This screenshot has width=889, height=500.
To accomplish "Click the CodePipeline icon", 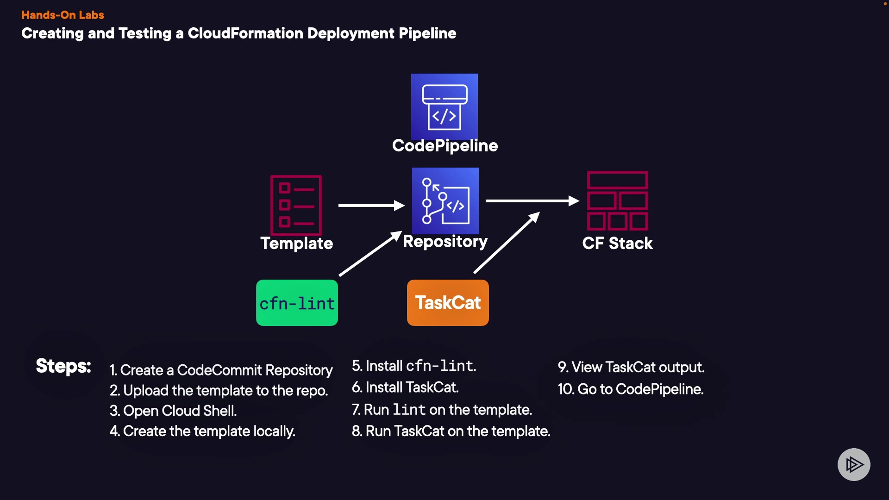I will tap(444, 106).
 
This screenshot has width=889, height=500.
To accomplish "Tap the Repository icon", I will tap(445, 201).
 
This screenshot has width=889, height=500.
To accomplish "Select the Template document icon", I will tap(296, 205).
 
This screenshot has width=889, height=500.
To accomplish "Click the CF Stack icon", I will tap(617, 200).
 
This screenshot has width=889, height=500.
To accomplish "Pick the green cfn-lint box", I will tap(297, 303).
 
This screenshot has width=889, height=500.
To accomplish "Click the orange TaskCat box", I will tap(448, 303).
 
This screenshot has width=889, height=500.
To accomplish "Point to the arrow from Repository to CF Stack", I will tap(532, 201).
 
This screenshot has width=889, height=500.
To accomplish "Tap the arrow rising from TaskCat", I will tap(507, 243).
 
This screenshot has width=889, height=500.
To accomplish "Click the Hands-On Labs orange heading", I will tap(63, 15).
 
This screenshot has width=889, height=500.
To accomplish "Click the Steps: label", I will tap(63, 366).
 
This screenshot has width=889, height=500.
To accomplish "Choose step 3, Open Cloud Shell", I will tap(173, 411).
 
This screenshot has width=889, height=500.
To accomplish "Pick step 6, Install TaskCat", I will tap(405, 387).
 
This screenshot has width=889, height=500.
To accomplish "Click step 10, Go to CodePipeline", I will tap(631, 389).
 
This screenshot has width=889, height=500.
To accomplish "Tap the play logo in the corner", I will tap(854, 464).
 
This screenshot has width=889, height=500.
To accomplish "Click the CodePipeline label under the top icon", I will tap(445, 146).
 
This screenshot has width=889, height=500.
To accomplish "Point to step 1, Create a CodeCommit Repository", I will tap(221, 370).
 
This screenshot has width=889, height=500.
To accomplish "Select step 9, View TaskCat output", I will tap(631, 367).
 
